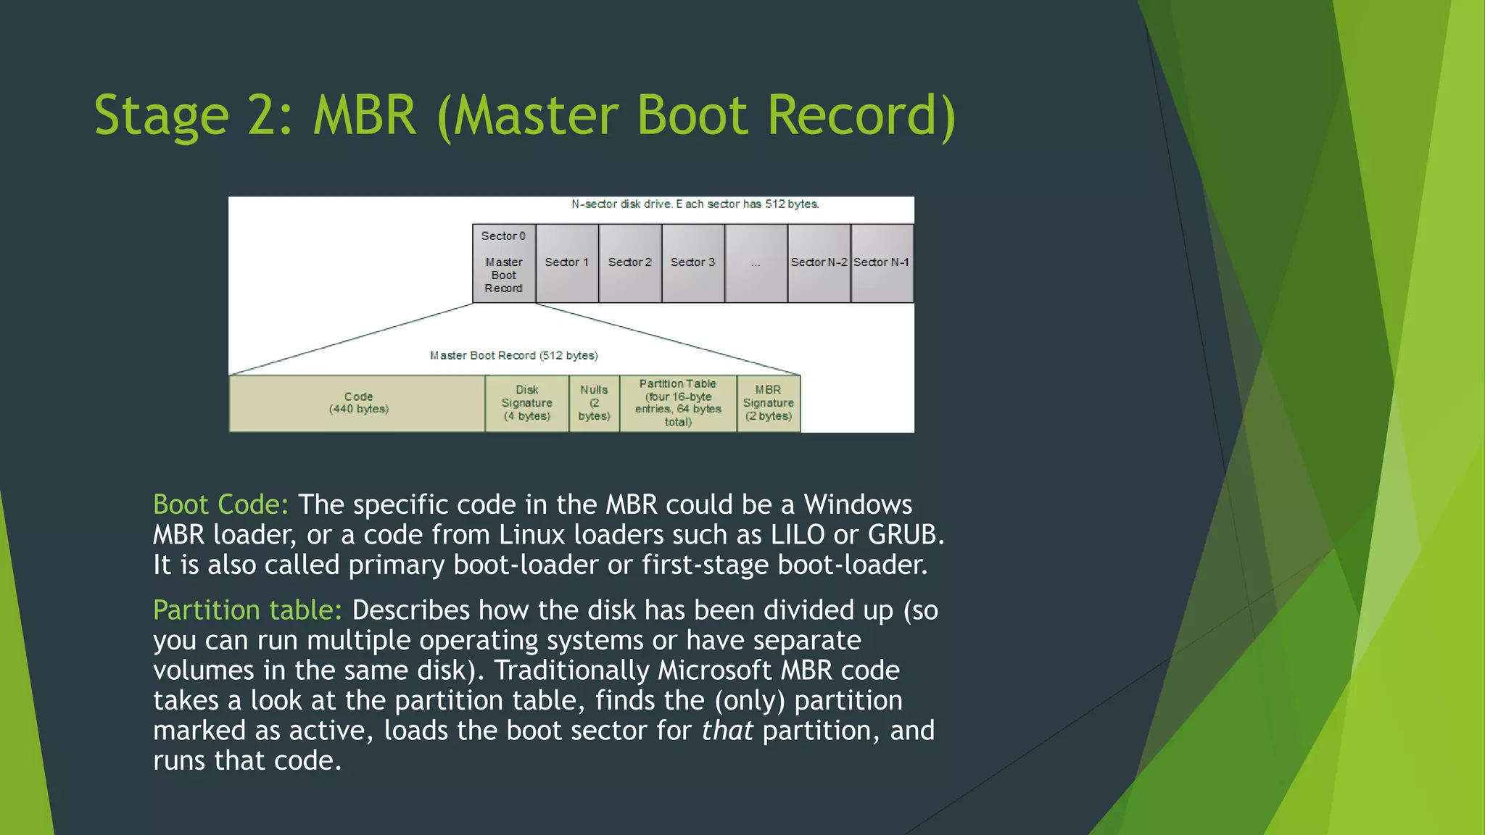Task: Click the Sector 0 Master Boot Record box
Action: [x=504, y=263]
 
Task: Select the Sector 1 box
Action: [x=567, y=263]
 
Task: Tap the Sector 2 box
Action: [x=630, y=263]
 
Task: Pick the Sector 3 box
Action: [x=693, y=263]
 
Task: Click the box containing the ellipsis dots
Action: [x=756, y=263]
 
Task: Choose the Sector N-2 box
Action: [x=819, y=263]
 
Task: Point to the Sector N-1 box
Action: [x=882, y=263]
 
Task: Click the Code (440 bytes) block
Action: [x=358, y=403]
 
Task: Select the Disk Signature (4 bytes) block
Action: [x=527, y=403]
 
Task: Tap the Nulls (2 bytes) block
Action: [x=595, y=403]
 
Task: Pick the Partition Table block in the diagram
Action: [x=678, y=403]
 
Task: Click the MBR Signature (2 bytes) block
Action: [x=769, y=403]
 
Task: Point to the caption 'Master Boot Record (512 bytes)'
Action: [x=513, y=355]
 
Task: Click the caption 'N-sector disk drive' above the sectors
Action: [x=695, y=204]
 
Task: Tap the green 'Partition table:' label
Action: [x=247, y=610]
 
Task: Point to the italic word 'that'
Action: [x=727, y=731]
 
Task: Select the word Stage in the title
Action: [x=162, y=116]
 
